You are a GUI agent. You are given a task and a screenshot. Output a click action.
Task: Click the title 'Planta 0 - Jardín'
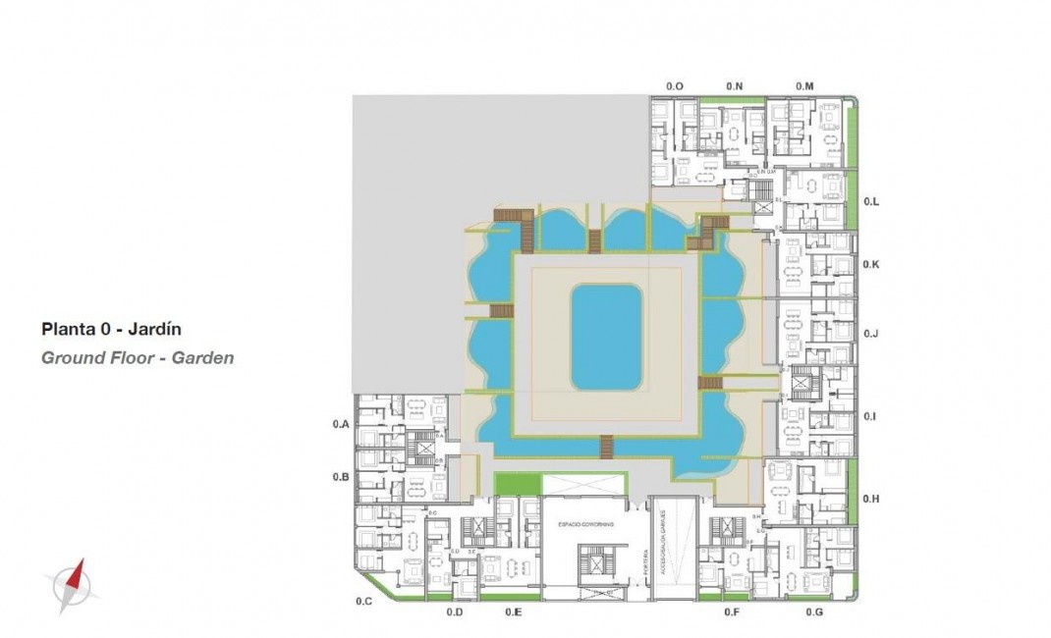point(111,330)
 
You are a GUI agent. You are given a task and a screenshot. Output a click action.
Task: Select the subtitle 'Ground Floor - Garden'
point(138,358)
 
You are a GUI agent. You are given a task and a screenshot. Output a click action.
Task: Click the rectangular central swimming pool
point(607,337)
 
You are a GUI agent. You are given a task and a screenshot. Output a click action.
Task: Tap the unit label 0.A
point(341,424)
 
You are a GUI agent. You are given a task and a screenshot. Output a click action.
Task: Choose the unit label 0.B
point(341,476)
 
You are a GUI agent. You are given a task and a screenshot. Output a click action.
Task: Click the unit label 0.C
point(363,600)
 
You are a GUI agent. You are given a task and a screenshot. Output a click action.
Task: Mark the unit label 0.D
point(454,612)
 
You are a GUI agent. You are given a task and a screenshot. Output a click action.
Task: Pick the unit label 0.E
point(513,612)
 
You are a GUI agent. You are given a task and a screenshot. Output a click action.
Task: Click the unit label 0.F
point(731,612)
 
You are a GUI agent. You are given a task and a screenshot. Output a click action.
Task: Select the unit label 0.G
point(813,612)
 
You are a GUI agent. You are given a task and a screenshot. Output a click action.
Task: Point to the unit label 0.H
point(871,499)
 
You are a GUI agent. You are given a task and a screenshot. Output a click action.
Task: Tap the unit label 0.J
point(870,334)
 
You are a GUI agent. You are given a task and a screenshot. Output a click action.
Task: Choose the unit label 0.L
point(871,201)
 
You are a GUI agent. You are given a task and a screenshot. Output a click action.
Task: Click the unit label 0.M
point(804,86)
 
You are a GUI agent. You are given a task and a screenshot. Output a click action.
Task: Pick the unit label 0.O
point(674,86)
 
